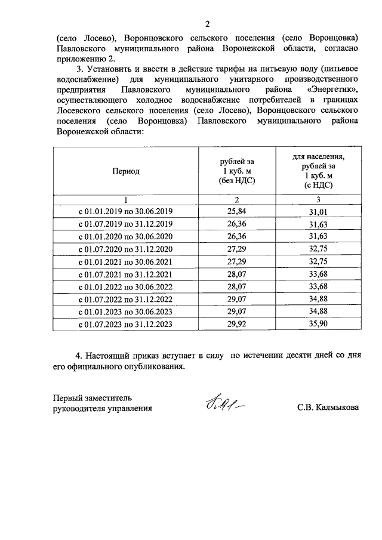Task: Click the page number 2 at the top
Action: coord(208,24)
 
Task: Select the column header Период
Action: coord(125,171)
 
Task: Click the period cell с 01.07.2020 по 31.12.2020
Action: coord(125,249)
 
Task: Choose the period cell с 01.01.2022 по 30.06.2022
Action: coord(125,287)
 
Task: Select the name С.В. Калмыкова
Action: coord(328,409)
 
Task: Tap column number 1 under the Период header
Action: coord(125,200)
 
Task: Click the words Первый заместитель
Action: coord(96,397)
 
